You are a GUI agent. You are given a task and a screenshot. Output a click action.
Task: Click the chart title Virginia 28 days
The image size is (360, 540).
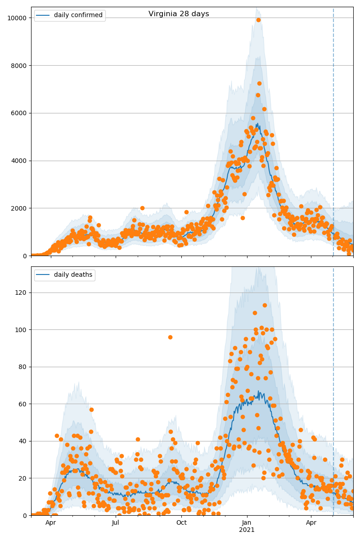179,14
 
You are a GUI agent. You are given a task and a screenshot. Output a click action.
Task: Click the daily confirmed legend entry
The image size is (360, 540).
78,15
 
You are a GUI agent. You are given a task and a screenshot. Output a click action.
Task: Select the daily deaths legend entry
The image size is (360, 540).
73,274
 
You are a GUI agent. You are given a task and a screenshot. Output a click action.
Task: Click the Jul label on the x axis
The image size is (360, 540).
116,523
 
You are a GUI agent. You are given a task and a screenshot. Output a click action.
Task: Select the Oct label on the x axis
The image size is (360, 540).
181,523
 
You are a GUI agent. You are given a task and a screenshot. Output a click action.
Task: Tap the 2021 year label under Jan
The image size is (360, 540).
247,530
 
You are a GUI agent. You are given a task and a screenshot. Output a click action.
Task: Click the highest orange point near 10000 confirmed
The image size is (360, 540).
258,20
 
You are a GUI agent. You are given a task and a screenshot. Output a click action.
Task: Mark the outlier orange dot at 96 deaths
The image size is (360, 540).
170,337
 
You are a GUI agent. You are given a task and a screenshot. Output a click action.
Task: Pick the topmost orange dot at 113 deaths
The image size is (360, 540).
265,305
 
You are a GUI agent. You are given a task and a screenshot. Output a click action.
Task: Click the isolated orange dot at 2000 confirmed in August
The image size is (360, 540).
142,208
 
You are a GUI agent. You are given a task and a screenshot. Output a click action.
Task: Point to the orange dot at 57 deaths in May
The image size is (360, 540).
91,409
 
